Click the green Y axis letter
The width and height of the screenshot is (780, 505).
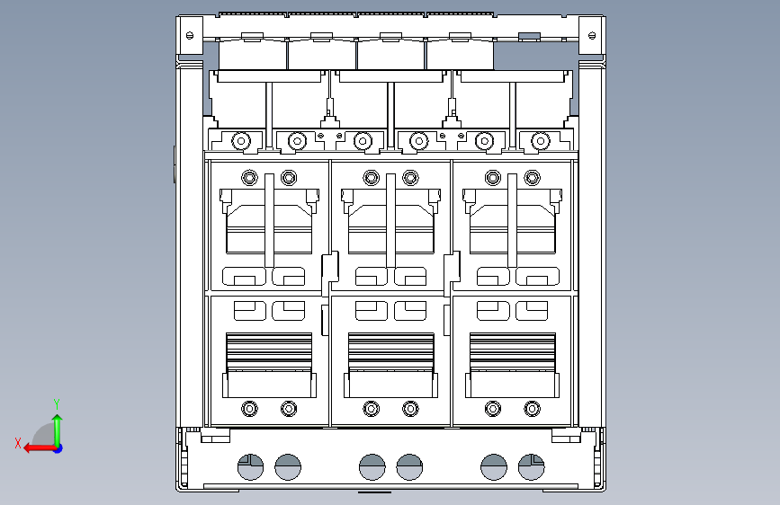pyautogui.click(x=57, y=404)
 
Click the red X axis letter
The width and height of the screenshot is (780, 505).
pyautogui.click(x=18, y=443)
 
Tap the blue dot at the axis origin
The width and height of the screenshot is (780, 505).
pyautogui.click(x=58, y=448)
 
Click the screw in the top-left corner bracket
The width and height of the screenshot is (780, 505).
pyautogui.click(x=190, y=35)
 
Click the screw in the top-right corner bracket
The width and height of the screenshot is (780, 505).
pyautogui.click(x=592, y=35)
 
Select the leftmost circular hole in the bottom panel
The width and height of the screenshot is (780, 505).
pyautogui.click(x=251, y=467)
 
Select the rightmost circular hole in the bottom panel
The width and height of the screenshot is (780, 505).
pyautogui.click(x=532, y=467)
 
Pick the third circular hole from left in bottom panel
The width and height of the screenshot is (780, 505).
pyautogui.click(x=372, y=467)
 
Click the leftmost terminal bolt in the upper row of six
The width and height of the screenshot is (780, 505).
pyautogui.click(x=241, y=141)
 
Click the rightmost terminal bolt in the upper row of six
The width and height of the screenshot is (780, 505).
pyautogui.click(x=541, y=141)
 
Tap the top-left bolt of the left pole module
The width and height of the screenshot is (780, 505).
pyautogui.click(x=250, y=177)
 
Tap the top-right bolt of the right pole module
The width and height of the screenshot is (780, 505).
pyautogui.click(x=533, y=177)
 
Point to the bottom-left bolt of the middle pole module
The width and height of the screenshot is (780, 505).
pyautogui.click(x=371, y=409)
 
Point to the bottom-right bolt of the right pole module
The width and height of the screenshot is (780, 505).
pyautogui.click(x=533, y=409)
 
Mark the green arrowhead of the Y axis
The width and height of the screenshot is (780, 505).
pyautogui.click(x=58, y=419)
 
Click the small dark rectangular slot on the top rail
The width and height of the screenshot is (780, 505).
pyautogui.click(x=529, y=36)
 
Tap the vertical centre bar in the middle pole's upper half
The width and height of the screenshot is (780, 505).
pyautogui.click(x=391, y=221)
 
